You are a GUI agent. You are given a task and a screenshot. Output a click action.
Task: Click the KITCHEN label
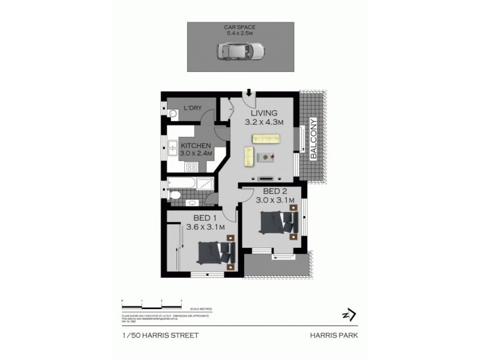tap(196, 145)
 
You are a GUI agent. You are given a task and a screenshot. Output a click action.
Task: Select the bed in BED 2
tap(277, 223)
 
